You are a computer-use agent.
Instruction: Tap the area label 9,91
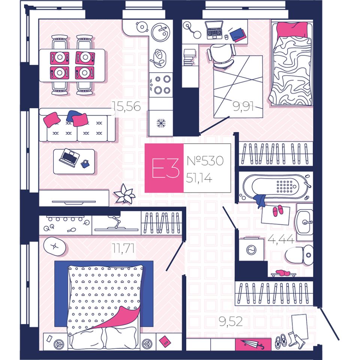point(243,108)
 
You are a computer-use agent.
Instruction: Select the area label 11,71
point(123,248)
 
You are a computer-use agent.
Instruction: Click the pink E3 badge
point(164,168)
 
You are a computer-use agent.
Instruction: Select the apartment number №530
point(205,161)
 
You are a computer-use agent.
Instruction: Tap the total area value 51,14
point(199,178)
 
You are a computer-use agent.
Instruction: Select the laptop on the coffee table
point(69,157)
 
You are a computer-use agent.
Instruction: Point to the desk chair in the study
point(222,55)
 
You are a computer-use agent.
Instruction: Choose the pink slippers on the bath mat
point(277,211)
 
